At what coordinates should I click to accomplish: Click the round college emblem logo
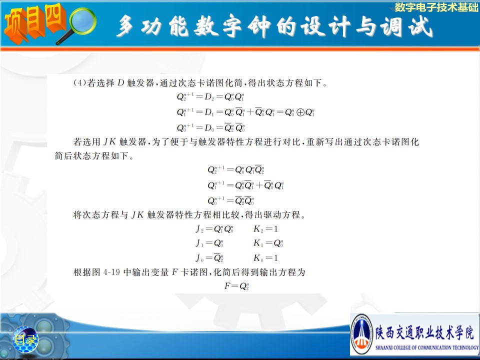tap(361, 334)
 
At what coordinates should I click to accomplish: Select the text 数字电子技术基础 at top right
tap(436, 7)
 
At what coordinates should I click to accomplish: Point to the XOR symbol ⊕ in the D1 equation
tap(300, 112)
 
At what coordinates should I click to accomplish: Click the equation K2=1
tap(265, 229)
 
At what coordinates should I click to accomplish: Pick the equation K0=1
tap(265, 258)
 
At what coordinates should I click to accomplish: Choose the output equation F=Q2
tap(236, 286)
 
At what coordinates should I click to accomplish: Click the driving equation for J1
tap(209, 243)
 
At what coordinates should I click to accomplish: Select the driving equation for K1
tap(268, 243)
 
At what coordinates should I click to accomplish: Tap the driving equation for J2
tap(214, 229)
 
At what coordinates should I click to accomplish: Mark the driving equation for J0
tap(209, 258)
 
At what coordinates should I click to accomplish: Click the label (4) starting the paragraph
tap(79, 83)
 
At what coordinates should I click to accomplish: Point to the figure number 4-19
tap(111, 272)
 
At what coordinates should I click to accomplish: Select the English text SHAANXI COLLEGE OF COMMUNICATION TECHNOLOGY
tap(426, 347)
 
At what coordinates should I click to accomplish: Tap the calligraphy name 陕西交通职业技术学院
tap(425, 333)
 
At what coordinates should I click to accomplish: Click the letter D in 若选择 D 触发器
tap(120, 83)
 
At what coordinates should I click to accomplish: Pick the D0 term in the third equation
tap(209, 127)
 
